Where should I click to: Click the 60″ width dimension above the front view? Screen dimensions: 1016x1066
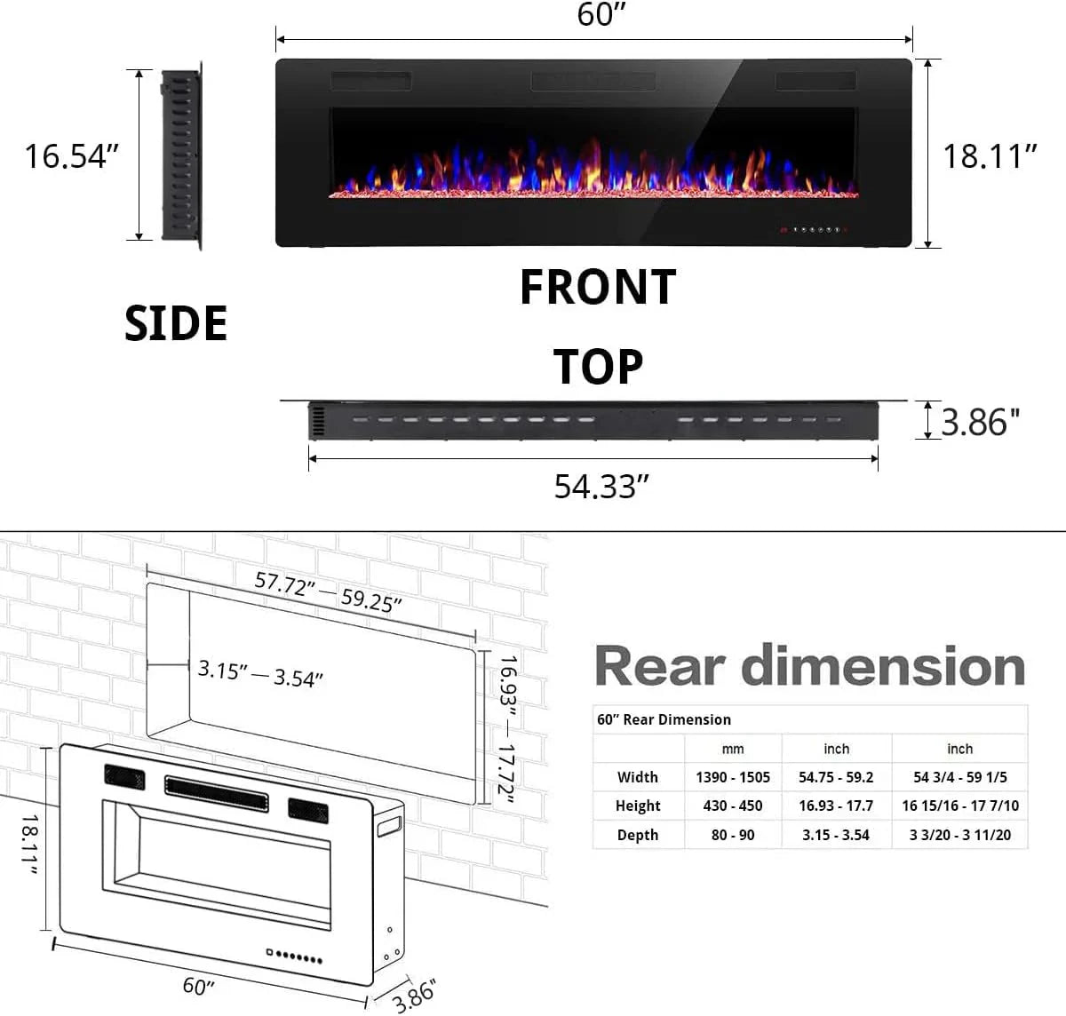pyautogui.click(x=601, y=15)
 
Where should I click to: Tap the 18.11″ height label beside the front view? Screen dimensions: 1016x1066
pyautogui.click(x=990, y=156)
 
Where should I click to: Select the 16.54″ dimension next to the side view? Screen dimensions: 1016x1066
pyautogui.click(x=71, y=156)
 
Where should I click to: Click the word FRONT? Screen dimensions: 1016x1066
pyautogui.click(x=597, y=288)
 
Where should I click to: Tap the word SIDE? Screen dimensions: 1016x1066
pyautogui.click(x=176, y=323)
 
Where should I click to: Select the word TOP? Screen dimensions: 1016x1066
pyautogui.click(x=598, y=367)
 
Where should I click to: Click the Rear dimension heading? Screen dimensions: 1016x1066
pyautogui.click(x=809, y=666)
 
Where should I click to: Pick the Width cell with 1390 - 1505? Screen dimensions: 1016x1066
pyautogui.click(x=732, y=777)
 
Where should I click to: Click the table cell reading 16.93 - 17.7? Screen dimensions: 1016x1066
pyautogui.click(x=835, y=806)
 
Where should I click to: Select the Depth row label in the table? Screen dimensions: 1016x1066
pyautogui.click(x=637, y=835)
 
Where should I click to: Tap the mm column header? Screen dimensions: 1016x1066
pyautogui.click(x=732, y=749)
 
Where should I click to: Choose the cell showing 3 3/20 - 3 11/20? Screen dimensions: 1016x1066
pyautogui.click(x=959, y=835)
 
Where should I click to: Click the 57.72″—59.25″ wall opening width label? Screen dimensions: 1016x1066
pyautogui.click(x=328, y=591)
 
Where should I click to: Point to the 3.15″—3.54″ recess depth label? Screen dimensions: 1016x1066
pyautogui.click(x=259, y=674)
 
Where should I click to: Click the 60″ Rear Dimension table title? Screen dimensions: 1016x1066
pyautogui.click(x=664, y=719)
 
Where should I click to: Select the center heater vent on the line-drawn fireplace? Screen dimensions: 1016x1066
pyautogui.click(x=216, y=791)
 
